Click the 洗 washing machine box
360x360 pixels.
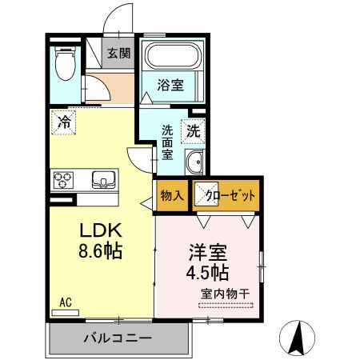[194, 129]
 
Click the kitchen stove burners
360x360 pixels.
[62, 178]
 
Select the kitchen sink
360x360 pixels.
[105, 178]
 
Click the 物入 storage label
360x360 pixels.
[171, 195]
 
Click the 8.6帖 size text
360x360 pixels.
[99, 251]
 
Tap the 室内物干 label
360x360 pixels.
[225, 294]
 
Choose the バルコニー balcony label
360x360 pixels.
[117, 338]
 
